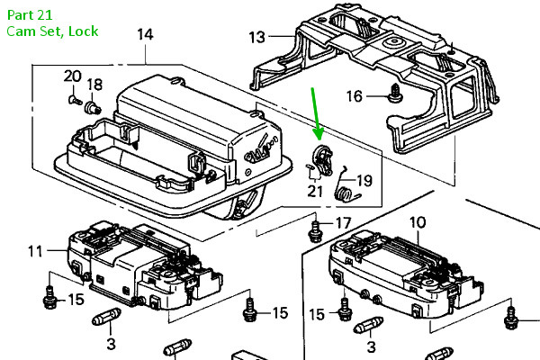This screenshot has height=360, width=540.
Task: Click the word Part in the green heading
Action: click(x=19, y=13)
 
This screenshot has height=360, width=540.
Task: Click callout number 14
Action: click(x=145, y=35)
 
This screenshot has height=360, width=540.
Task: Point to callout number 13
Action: click(x=257, y=37)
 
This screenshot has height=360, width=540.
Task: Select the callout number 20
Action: click(x=72, y=76)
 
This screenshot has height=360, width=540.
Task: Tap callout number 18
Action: click(x=94, y=85)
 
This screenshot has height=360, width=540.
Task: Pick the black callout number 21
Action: click(x=314, y=191)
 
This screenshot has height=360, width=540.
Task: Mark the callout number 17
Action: click(x=343, y=222)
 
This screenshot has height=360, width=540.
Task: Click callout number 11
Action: click(x=34, y=251)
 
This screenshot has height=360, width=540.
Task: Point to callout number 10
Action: click(x=418, y=221)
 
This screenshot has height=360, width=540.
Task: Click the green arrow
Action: click(x=313, y=112)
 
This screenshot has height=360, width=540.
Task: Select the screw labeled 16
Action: click(x=393, y=92)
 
